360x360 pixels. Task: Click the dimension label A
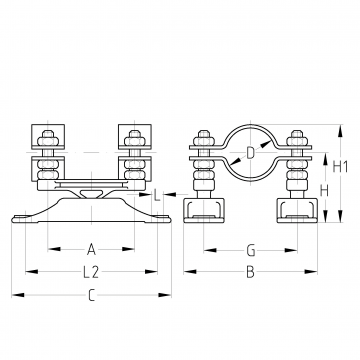click(x=91, y=249)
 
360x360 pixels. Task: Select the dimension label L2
click(x=91, y=272)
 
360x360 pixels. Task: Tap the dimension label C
click(x=91, y=296)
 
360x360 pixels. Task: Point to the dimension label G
click(x=251, y=250)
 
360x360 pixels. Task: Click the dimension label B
click(x=250, y=272)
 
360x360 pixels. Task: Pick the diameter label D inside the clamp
click(x=250, y=153)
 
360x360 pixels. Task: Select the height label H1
click(x=340, y=166)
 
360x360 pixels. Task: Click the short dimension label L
click(x=157, y=195)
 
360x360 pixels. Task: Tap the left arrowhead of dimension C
click(x=18, y=295)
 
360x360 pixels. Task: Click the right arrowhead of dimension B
click(x=311, y=272)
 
